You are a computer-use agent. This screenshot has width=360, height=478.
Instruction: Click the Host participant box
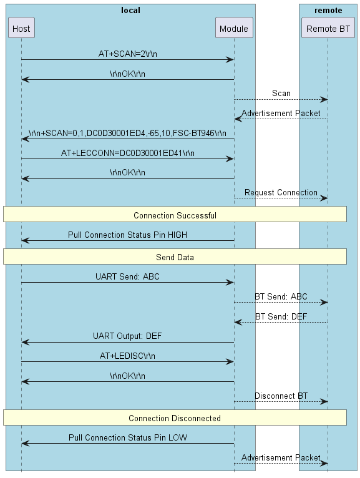(x=21, y=28)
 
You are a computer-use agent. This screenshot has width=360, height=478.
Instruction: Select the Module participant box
(x=234, y=28)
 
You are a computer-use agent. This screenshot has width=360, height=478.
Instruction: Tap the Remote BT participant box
(x=328, y=28)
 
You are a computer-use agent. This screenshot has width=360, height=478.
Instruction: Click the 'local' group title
(x=130, y=10)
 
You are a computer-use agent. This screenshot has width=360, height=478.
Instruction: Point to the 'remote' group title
(x=328, y=10)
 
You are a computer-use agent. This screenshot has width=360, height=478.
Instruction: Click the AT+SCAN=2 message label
(x=127, y=54)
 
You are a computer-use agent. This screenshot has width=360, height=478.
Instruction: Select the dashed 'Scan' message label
(x=281, y=93)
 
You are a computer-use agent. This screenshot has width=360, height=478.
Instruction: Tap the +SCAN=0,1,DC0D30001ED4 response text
(x=127, y=133)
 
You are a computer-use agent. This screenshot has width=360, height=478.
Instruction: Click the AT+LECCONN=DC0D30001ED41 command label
(x=127, y=153)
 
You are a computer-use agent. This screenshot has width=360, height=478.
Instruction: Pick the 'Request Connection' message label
(x=281, y=192)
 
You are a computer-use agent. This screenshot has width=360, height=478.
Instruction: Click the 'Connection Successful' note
(x=175, y=215)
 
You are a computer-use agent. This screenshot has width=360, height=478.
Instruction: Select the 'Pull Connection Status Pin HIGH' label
(x=127, y=235)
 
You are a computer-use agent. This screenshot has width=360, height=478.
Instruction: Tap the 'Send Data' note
(x=175, y=257)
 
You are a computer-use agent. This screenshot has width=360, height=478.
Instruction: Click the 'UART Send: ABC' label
(x=127, y=276)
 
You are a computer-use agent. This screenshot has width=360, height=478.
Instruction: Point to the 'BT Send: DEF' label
(x=281, y=316)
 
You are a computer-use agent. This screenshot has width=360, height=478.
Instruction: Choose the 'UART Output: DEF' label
(x=127, y=336)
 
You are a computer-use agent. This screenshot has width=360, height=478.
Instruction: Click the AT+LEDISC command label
(x=127, y=356)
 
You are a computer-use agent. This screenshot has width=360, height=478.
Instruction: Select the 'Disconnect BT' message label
(x=281, y=396)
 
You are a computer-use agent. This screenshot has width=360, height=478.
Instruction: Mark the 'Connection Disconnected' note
(x=175, y=418)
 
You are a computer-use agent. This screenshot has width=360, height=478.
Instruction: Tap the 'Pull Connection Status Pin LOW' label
(x=127, y=437)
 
